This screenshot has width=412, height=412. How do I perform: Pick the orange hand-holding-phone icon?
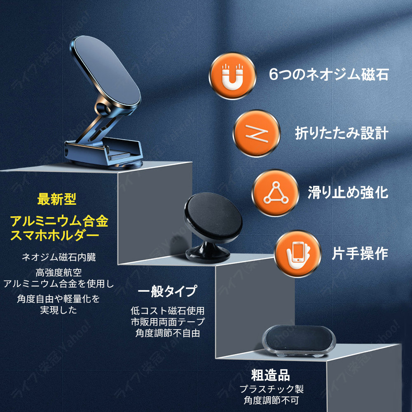(298, 253)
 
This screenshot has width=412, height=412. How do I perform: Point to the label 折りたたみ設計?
(342, 133)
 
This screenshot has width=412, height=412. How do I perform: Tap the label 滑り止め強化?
(348, 192)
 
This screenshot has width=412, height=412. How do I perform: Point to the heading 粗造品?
(270, 375)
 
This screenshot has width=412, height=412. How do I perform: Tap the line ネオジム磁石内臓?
(59, 257)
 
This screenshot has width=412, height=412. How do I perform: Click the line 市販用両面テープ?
(167, 322)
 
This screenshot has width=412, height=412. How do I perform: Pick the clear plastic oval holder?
(299, 343)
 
